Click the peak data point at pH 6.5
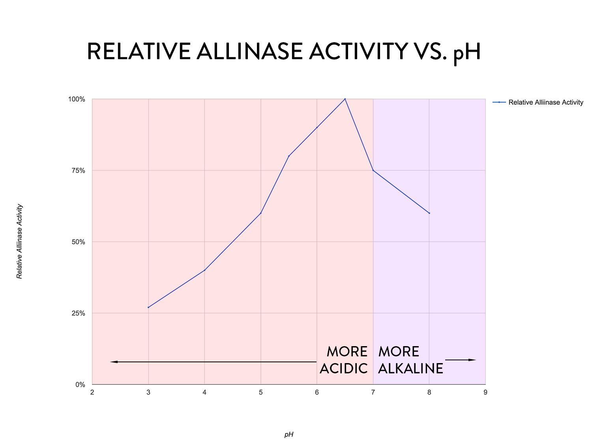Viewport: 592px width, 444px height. [345, 99]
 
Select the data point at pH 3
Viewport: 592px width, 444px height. [148, 307]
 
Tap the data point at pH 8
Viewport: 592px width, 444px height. [429, 213]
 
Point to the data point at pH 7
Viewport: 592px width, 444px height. [373, 170]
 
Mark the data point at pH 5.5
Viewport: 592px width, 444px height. [289, 156]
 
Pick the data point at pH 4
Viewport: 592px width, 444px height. [204, 270]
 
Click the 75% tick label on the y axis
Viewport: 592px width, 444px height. [78, 170]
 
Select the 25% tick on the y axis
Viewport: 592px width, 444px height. [78, 313]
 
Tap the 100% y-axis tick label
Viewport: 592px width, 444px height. [77, 99]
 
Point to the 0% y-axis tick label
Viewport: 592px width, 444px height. [80, 385]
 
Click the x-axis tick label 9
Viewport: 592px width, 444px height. [485, 392]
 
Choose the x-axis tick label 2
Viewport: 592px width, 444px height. [92, 392]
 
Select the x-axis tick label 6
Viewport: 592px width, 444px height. [317, 392]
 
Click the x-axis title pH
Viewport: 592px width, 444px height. [289, 435]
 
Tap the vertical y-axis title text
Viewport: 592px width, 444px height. [19, 242]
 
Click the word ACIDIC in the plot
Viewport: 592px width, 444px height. [343, 369]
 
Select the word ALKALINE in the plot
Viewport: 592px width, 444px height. [410, 369]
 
